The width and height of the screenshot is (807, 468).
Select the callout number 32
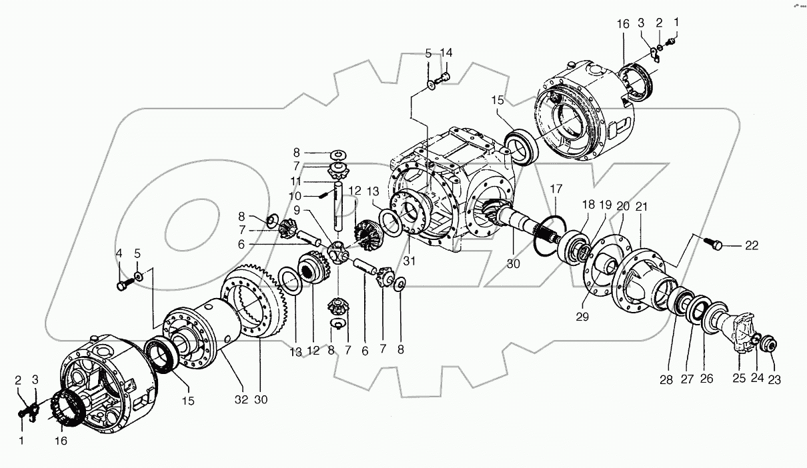[241, 400]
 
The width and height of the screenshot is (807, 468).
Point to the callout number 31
[408, 261]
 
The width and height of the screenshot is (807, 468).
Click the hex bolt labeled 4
[121, 286]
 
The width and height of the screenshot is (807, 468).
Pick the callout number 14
[446, 52]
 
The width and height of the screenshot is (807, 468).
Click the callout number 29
[583, 317]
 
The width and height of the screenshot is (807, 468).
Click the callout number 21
[641, 207]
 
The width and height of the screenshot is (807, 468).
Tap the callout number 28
[666, 380]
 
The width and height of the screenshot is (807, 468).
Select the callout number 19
[604, 205]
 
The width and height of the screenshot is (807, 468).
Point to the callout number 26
[706, 379]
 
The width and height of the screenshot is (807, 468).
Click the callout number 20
[622, 206]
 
